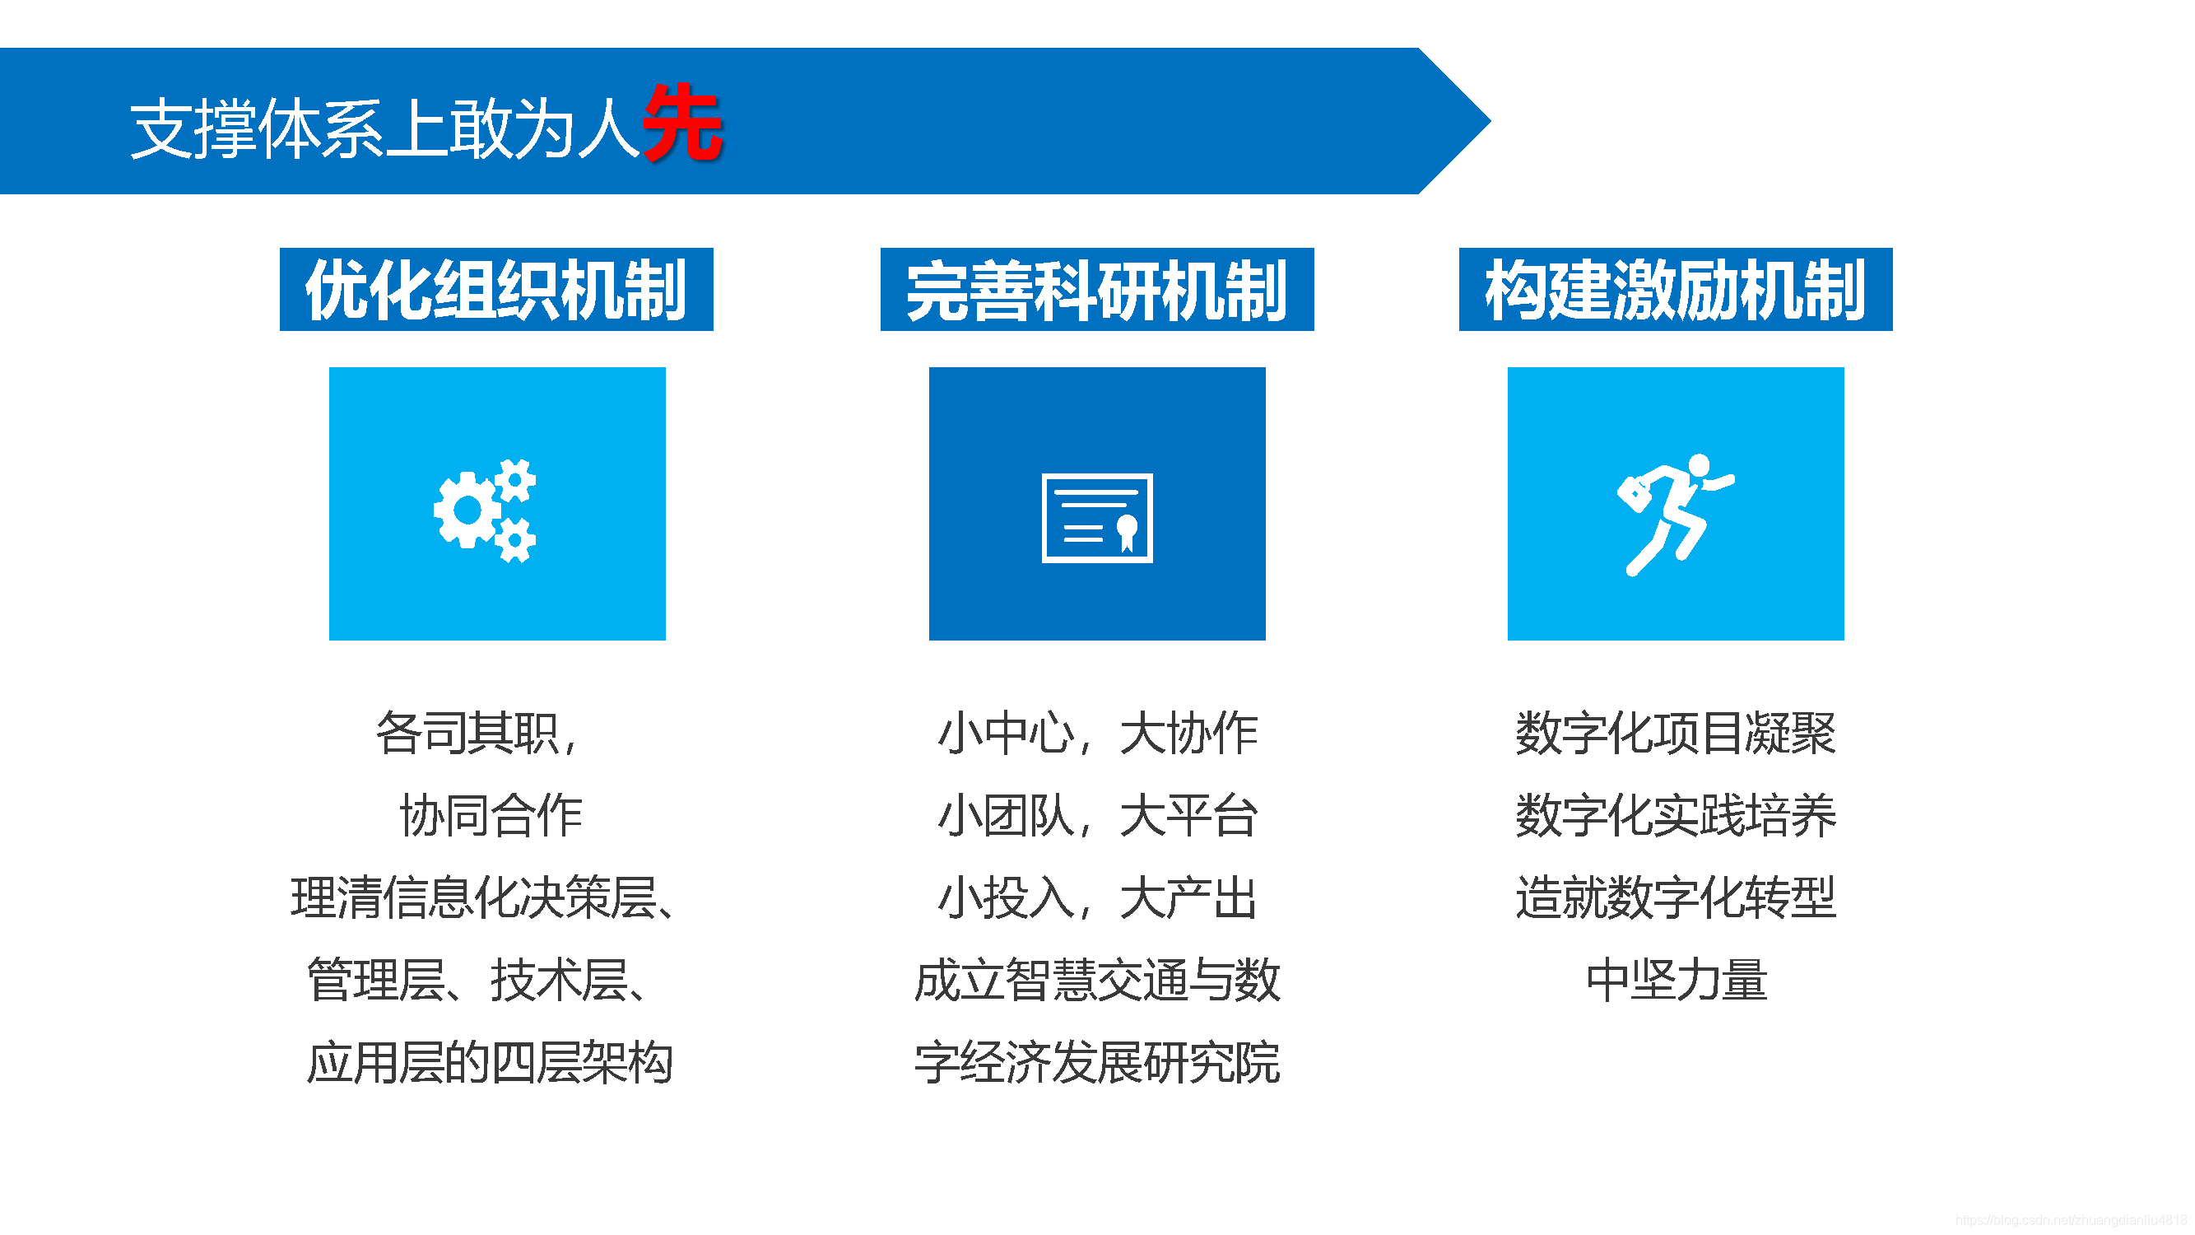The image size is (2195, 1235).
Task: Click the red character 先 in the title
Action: tap(682, 124)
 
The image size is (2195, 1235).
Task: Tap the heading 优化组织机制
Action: tap(496, 290)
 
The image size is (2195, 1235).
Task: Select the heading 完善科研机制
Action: tap(1096, 290)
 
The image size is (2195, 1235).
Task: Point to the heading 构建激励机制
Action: tap(1675, 290)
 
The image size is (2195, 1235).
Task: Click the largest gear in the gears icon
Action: tap(467, 510)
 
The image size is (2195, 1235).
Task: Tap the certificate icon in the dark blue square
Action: tap(1096, 517)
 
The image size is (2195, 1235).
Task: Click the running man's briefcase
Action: tap(1634, 493)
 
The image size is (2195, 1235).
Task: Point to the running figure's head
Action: tap(1698, 465)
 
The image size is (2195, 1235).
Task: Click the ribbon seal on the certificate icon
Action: tap(1127, 531)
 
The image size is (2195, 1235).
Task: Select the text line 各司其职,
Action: tap(477, 733)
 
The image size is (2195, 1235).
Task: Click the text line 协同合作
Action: tap(491, 815)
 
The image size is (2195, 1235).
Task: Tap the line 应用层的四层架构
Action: tap(490, 1062)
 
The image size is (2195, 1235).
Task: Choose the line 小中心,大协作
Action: tap(1096, 733)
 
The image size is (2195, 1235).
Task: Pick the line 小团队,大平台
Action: tap(1096, 815)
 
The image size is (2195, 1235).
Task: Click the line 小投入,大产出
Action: tap(1096, 897)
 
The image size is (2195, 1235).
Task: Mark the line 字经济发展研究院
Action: tap(1096, 1062)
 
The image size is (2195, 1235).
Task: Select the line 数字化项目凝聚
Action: tap(1675, 733)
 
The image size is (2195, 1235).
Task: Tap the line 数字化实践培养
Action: tap(1675, 815)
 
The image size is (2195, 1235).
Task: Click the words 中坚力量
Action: tap(1676, 980)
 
